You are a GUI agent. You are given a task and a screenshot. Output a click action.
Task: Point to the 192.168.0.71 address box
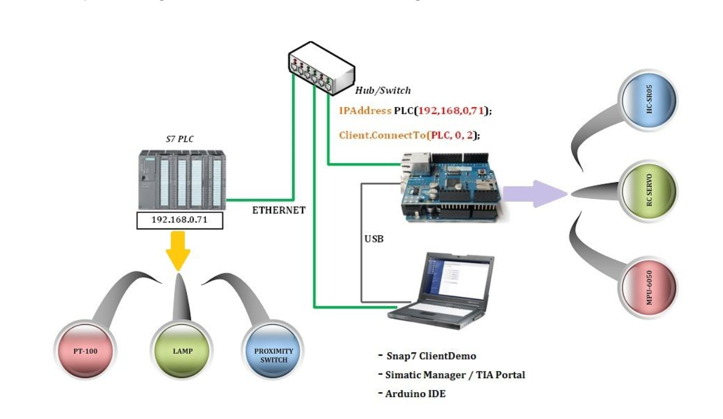[x=179, y=220]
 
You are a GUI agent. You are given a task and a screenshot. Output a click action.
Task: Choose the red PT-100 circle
[x=85, y=352]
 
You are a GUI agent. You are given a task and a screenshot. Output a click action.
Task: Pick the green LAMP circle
[x=179, y=352]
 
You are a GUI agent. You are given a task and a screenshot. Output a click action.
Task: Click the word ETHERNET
[x=279, y=210]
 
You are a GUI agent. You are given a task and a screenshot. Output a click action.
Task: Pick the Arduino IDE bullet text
[x=415, y=393]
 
